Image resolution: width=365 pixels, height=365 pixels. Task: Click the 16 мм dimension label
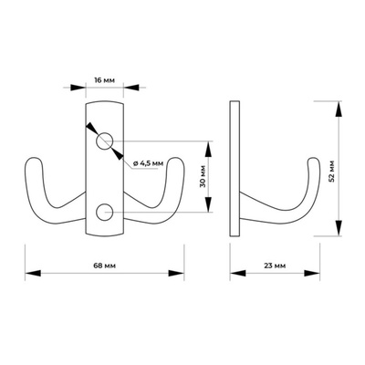(x=104, y=80)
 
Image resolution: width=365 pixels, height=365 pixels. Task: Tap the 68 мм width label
(x=104, y=266)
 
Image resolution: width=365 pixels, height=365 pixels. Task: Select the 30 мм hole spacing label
(x=203, y=176)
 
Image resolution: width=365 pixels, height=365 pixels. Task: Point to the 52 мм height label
(x=331, y=171)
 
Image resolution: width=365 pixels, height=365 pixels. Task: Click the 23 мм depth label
(x=275, y=266)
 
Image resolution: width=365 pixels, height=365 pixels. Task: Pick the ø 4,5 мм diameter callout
(x=148, y=163)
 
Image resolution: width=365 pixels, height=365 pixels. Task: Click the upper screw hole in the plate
(x=104, y=141)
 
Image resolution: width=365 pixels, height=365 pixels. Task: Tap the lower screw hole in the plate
(x=104, y=212)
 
